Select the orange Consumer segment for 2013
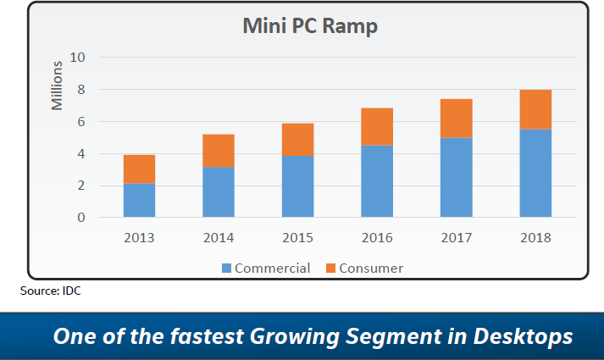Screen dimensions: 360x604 [139, 169]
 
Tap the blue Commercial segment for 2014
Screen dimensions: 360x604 [219, 192]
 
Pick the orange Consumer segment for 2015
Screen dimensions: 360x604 [297, 140]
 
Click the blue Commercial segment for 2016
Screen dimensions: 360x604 [376, 181]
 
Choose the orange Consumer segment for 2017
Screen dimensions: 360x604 [455, 119]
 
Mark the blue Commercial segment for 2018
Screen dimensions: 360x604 [535, 173]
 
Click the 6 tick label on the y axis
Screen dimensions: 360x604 [81, 122]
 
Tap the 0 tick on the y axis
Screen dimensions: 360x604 [81, 218]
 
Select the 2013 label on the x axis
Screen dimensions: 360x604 [139, 238]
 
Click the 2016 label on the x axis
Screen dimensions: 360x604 [376, 238]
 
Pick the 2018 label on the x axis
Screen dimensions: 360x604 [535, 238]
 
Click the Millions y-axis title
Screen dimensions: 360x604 [58, 86]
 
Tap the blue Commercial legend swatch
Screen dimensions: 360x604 [226, 269]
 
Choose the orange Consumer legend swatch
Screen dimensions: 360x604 [330, 269]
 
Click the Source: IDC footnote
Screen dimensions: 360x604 [50, 291]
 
